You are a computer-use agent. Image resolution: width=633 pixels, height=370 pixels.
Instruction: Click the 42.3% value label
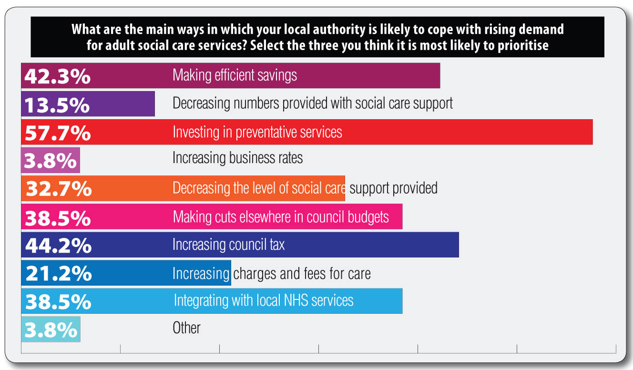[x=57, y=76]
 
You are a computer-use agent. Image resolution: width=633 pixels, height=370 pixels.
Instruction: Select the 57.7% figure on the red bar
[x=58, y=133]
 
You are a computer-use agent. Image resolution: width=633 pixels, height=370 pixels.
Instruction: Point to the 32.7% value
[x=59, y=188]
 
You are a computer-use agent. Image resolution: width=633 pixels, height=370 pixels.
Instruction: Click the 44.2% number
[x=58, y=245]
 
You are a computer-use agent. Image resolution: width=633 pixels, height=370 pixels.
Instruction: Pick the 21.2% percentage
[x=59, y=273]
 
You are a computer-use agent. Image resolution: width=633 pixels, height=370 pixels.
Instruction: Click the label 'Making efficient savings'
[x=235, y=75]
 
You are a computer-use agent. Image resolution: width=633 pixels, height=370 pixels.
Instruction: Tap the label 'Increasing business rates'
[x=237, y=158]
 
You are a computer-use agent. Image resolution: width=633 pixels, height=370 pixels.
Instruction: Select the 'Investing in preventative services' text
[x=257, y=132]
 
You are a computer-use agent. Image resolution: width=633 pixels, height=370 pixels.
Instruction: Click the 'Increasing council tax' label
[x=228, y=244]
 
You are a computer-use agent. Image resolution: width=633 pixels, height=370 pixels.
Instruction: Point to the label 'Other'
[x=186, y=328]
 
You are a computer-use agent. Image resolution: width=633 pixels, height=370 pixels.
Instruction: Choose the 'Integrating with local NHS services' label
[x=264, y=300]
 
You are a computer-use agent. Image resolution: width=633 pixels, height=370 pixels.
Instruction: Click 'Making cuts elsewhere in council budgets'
[x=281, y=217]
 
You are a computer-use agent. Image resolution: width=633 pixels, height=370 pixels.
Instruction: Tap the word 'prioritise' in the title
[x=523, y=45]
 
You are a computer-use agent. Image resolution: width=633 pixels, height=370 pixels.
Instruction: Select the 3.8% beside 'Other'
[x=51, y=330]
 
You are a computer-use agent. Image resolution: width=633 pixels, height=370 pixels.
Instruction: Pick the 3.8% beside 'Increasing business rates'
[x=51, y=161]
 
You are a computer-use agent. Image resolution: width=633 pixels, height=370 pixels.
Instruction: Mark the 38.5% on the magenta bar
[x=58, y=218]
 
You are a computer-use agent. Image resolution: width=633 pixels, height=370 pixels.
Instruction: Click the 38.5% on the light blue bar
[x=58, y=302]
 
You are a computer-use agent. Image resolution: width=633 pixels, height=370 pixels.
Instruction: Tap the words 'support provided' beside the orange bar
[x=393, y=188]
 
